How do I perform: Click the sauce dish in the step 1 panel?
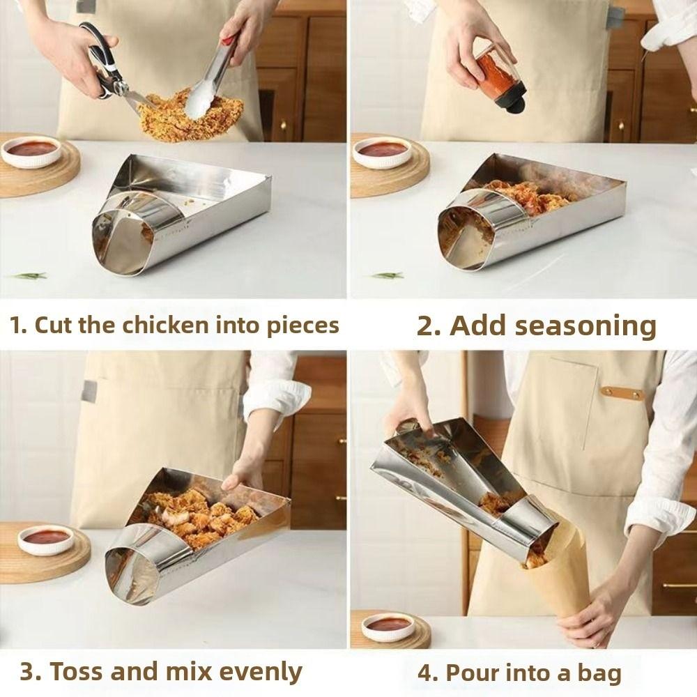pyautogui.click(x=31, y=151)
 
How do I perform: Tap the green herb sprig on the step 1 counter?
pyautogui.click(x=28, y=276)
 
